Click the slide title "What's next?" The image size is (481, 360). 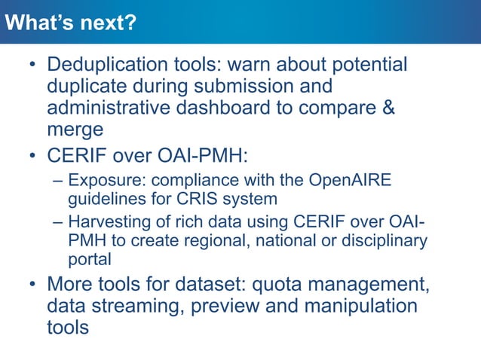[x=70, y=23]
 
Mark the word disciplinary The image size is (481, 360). [x=386, y=241]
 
